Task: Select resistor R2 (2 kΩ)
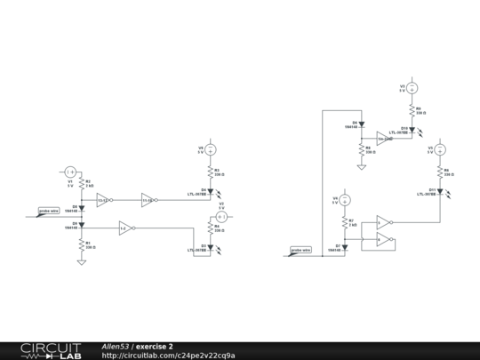click(x=82, y=186)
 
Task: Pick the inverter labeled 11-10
click(x=148, y=200)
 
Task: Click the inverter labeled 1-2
click(x=125, y=228)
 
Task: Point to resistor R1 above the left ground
click(x=82, y=244)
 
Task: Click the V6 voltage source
click(x=212, y=148)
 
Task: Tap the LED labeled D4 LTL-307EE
click(x=212, y=191)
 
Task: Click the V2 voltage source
click(x=223, y=217)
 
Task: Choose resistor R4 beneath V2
click(x=212, y=230)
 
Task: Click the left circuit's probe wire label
click(x=49, y=212)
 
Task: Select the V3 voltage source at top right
click(x=412, y=88)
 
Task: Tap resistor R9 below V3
click(x=412, y=111)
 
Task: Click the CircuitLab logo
click(x=51, y=350)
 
